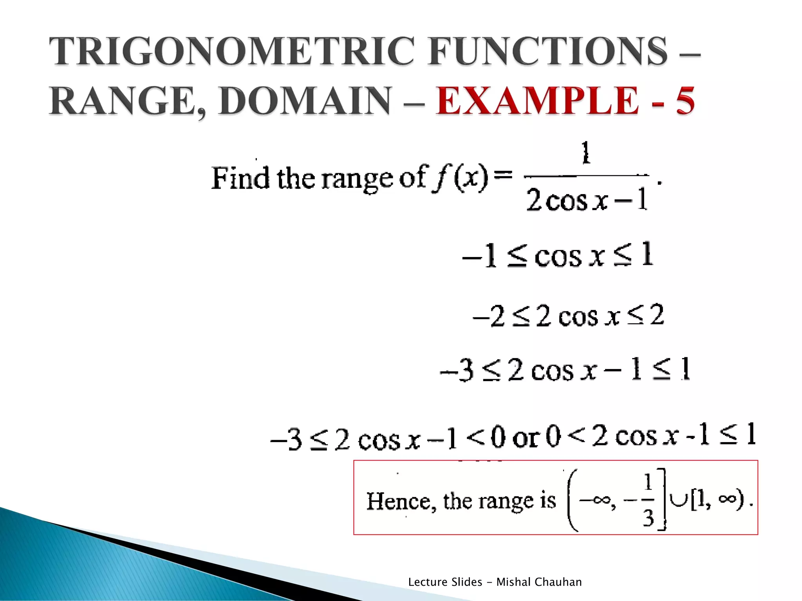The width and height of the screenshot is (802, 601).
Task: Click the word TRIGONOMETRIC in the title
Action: [x=231, y=51]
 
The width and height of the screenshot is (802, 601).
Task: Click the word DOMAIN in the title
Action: [x=305, y=101]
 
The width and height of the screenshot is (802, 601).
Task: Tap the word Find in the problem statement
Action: [x=240, y=178]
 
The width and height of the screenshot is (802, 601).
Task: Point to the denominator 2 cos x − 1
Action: [x=586, y=200]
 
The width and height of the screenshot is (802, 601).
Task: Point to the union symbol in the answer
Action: [x=679, y=500]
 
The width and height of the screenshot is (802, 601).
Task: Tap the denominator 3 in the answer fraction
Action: [x=648, y=518]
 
